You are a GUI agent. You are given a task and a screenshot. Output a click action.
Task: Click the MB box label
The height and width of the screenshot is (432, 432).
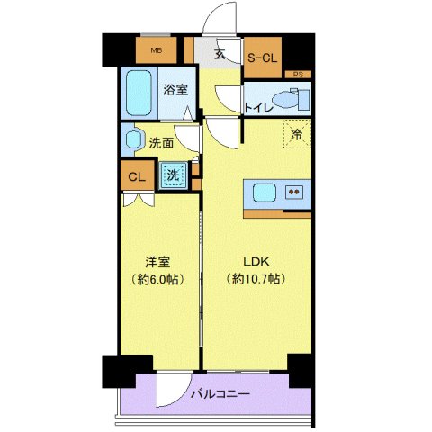coord(156,50)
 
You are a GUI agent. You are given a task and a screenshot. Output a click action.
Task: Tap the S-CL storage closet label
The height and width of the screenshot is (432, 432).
coord(263,58)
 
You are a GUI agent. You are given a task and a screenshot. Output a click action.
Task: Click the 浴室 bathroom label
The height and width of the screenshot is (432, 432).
coord(175,89)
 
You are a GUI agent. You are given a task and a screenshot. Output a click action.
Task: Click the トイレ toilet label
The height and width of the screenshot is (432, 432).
coord(258,108)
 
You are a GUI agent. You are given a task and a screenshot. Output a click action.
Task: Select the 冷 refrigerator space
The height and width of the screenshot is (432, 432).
coord(296,135)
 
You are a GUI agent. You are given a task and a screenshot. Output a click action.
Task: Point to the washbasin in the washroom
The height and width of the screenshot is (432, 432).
coord(135,139)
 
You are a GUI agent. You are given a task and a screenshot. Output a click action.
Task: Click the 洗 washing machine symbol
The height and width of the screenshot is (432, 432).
coord(173,175)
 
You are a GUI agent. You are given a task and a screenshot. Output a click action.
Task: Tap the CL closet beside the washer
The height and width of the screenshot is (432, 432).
coord(136,176)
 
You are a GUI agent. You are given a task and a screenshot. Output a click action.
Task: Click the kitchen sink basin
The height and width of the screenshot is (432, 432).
coord(265,193)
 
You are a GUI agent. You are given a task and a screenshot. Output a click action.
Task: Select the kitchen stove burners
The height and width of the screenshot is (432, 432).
coord(294,192)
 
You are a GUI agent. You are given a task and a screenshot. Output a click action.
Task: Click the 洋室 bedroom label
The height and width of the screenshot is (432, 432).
coord(159,262)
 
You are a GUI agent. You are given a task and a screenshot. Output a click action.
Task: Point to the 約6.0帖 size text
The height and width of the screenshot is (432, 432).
coord(159,280)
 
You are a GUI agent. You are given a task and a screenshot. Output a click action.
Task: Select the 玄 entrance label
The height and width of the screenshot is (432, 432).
coord(219,52)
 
